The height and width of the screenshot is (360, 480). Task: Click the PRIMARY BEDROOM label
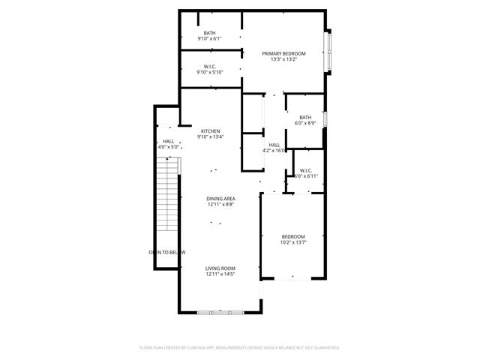point(283,53)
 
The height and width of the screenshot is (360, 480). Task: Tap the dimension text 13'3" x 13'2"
point(283,60)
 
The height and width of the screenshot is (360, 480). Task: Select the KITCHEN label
point(210,130)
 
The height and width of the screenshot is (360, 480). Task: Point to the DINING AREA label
point(220,198)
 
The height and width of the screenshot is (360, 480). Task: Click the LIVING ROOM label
point(220,268)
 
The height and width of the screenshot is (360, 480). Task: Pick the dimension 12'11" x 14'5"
point(220,274)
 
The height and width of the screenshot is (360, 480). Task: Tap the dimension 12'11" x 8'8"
point(220,205)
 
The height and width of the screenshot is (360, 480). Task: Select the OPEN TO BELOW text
point(166,252)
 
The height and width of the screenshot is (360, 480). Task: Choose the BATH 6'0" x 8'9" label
point(305,120)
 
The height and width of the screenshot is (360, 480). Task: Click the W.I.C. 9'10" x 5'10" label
point(209,70)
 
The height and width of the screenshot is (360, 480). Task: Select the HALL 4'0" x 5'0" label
point(168,144)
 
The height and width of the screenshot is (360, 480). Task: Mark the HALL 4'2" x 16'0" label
point(274,148)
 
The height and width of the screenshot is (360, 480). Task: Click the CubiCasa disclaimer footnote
point(240,348)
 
